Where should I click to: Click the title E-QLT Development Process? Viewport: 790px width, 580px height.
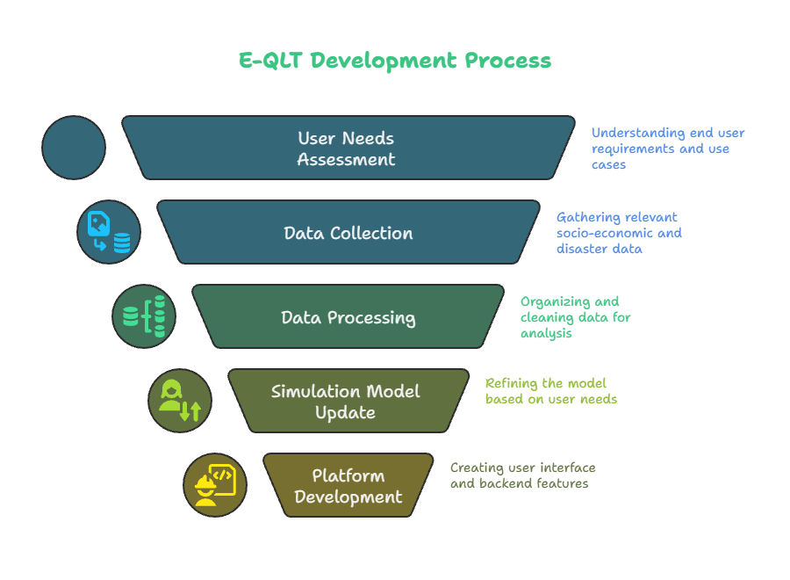pyautogui.click(x=395, y=61)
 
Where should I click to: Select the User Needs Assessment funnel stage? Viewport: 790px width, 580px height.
pyautogui.click(x=348, y=148)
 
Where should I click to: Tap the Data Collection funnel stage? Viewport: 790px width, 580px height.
pyautogui.click(x=348, y=232)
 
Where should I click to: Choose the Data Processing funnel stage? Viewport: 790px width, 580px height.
pyautogui.click(x=348, y=316)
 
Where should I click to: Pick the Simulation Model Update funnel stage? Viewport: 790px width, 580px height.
pyautogui.click(x=348, y=401)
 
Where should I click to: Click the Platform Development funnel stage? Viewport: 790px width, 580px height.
pyautogui.click(x=348, y=485)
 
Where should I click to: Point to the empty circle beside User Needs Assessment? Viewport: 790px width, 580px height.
pyautogui.click(x=74, y=148)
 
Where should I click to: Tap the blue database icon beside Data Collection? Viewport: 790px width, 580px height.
pyautogui.click(x=109, y=232)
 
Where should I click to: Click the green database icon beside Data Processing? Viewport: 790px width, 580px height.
pyautogui.click(x=144, y=316)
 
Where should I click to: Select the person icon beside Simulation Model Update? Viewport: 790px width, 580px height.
pyautogui.click(x=180, y=401)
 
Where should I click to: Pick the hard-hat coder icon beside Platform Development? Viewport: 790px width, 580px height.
pyautogui.click(x=215, y=485)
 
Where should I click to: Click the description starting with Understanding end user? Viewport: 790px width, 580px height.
pyautogui.click(x=668, y=149)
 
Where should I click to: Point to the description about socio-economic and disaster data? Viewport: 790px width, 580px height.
pyautogui.click(x=619, y=233)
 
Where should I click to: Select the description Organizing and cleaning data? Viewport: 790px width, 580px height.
pyautogui.click(x=575, y=317)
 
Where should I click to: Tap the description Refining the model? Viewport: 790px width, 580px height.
pyautogui.click(x=550, y=391)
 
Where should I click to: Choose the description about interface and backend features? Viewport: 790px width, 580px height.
pyautogui.click(x=522, y=475)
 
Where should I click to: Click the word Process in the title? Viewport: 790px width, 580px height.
pyautogui.click(x=508, y=61)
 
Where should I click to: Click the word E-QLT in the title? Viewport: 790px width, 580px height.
pyautogui.click(x=270, y=61)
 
